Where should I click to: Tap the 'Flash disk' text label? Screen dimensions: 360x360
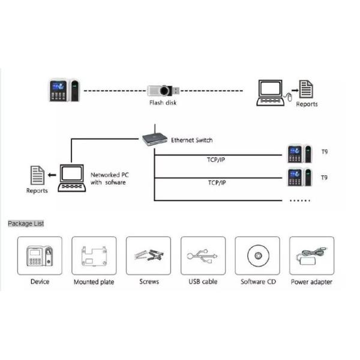tap(163, 103)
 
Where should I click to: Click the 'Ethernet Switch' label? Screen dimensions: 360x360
tap(191, 140)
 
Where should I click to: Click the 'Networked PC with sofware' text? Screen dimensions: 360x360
tap(109, 178)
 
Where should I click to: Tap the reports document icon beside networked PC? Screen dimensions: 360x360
tap(37, 176)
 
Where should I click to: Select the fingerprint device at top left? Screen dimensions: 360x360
tap(64, 90)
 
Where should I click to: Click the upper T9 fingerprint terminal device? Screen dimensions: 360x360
tap(299, 155)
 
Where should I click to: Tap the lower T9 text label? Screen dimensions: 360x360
tap(325, 178)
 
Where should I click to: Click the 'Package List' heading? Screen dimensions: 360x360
tap(26, 224)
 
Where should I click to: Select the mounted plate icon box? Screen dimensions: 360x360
tap(94, 256)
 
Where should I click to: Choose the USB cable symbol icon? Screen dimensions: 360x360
tap(203, 256)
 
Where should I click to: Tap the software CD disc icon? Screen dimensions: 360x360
tap(257, 256)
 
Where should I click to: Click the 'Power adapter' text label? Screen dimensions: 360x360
tap(311, 281)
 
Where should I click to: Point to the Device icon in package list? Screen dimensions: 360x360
tap(40, 256)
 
